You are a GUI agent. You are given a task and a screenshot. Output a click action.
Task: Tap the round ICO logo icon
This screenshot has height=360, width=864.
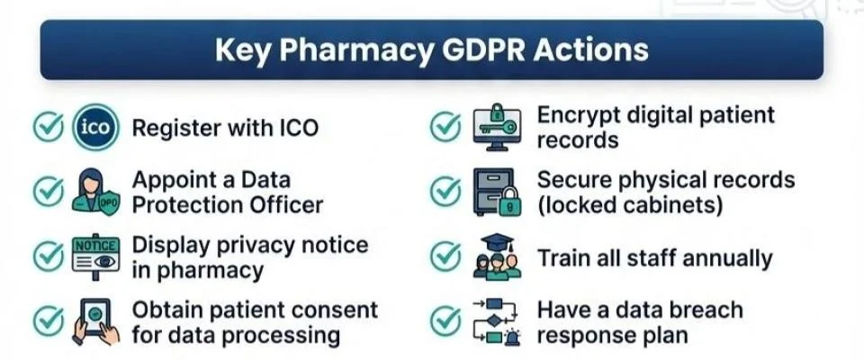[95, 128]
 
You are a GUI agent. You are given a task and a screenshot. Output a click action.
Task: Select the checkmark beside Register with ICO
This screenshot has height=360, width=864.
[47, 128]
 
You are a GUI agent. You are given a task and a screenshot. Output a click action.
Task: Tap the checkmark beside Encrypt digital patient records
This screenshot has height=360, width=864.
[445, 128]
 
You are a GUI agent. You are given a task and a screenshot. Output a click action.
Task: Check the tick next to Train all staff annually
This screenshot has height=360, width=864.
[445, 257]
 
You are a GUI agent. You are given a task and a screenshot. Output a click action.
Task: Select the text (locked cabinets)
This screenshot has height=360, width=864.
[630, 205]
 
